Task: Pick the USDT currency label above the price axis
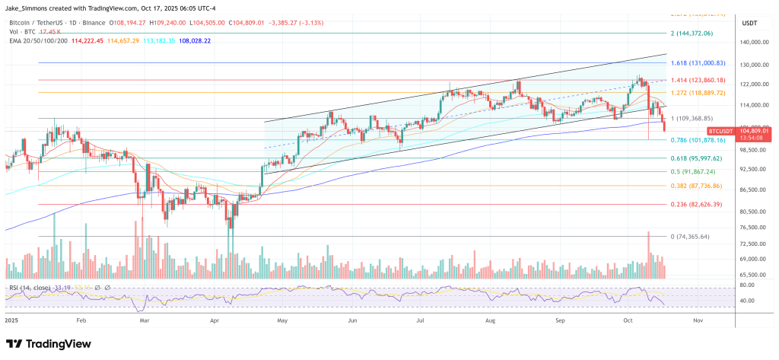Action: [749, 23]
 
